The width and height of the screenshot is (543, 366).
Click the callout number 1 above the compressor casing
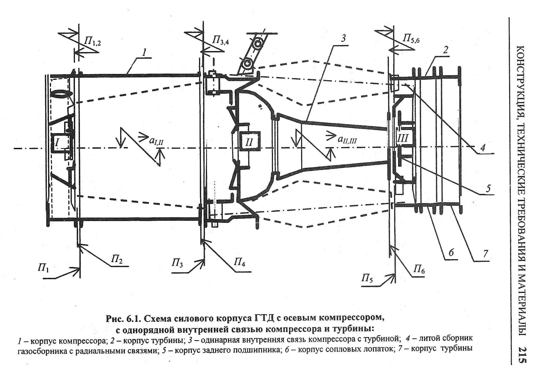tap(144, 53)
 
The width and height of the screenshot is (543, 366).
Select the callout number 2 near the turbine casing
tap(445, 50)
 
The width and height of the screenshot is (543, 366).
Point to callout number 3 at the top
tap(343, 38)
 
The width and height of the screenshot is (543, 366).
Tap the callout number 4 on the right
tap(483, 148)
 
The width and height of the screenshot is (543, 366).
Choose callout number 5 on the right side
tap(488, 188)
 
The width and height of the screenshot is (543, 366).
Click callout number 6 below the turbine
tap(451, 253)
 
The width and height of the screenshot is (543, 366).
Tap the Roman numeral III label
tap(403, 138)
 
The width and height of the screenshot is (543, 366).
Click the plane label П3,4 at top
tap(220, 41)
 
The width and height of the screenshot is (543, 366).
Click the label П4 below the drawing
tap(240, 262)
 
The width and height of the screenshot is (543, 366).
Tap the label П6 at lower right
tap(419, 269)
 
